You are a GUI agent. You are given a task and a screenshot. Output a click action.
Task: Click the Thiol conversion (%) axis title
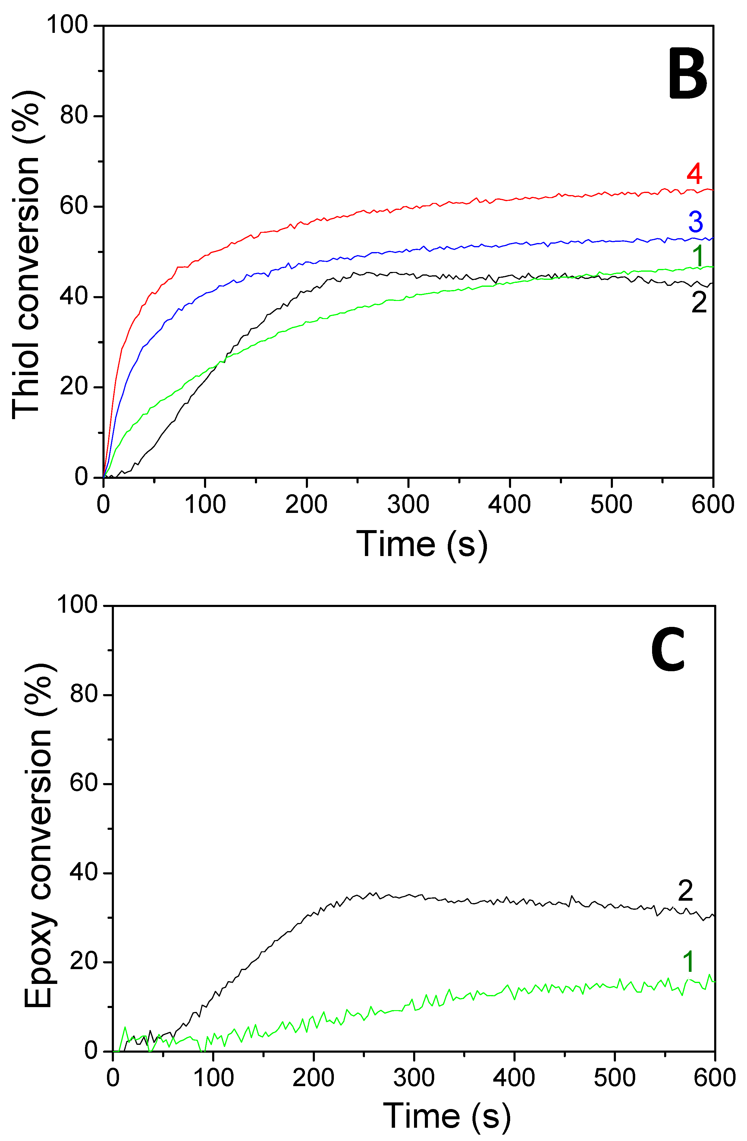(26, 254)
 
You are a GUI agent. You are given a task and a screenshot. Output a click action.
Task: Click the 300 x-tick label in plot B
(408, 505)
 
